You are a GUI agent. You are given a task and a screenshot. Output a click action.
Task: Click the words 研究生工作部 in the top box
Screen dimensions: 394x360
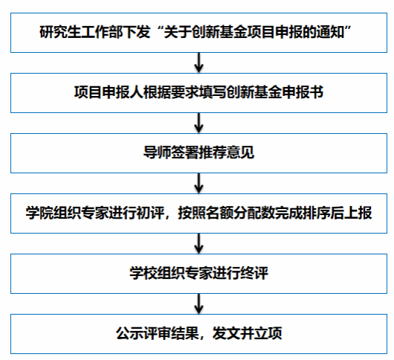(x=81, y=32)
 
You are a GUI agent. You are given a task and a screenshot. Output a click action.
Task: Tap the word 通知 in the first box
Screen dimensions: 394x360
(x=330, y=32)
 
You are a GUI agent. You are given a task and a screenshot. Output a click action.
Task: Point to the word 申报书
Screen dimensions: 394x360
(x=303, y=92)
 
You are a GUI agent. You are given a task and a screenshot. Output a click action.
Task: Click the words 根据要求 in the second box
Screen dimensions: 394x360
(x=171, y=92)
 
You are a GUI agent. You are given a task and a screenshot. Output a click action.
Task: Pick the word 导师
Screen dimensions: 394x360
(x=157, y=152)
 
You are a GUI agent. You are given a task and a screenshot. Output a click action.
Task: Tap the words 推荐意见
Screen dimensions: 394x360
(x=227, y=152)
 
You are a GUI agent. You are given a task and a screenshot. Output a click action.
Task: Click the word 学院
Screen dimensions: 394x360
(x=39, y=213)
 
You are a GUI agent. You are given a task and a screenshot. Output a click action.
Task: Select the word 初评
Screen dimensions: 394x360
(x=150, y=213)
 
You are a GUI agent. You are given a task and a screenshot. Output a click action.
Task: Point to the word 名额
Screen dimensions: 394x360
(x=219, y=213)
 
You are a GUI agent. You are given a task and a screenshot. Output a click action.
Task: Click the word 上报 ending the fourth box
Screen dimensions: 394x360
(x=358, y=213)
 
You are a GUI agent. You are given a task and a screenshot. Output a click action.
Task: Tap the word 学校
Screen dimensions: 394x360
(x=143, y=273)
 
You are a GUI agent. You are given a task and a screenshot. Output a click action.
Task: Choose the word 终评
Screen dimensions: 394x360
(x=254, y=273)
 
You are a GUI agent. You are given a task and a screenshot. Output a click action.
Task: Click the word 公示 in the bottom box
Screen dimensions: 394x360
(x=129, y=333)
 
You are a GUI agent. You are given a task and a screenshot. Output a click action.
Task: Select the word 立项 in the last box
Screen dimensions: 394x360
(x=268, y=333)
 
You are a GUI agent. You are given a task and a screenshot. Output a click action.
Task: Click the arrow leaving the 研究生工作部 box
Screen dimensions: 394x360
(x=198, y=62)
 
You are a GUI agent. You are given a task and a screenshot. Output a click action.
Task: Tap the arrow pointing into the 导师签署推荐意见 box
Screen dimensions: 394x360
(x=198, y=123)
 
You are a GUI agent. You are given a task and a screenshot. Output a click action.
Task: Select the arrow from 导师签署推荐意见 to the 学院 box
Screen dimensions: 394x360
(x=198, y=183)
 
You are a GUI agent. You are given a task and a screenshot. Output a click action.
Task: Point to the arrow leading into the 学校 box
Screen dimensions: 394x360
(x=198, y=243)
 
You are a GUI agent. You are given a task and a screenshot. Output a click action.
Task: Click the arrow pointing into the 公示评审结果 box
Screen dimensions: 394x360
(x=198, y=303)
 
